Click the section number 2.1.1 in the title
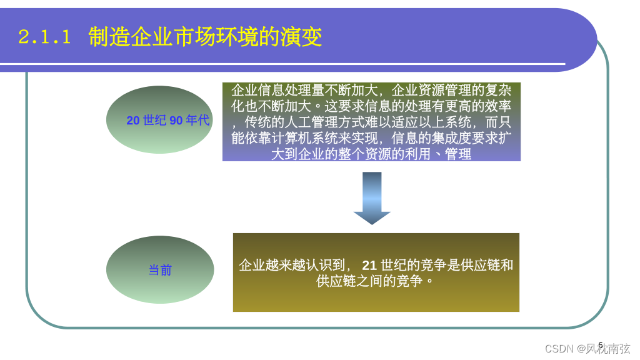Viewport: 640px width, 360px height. (44, 37)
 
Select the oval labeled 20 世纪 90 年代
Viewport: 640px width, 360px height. (160, 120)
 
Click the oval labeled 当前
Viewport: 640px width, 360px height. (160, 270)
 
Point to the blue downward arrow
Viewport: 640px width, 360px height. (372, 197)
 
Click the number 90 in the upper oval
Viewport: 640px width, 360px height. (176, 121)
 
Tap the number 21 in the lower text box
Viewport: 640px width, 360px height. (369, 265)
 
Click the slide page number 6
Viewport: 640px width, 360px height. (601, 344)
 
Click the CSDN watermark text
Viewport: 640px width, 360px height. (559, 349)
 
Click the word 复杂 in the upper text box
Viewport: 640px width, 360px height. (497, 90)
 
